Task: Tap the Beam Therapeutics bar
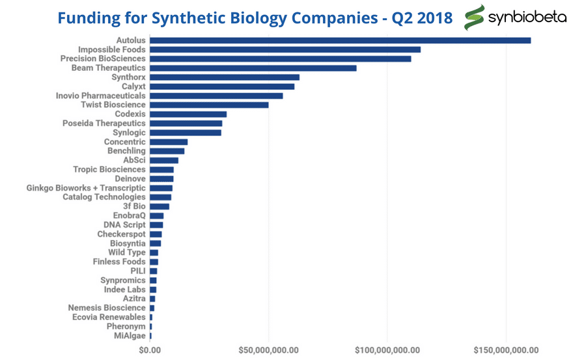(x=253, y=68)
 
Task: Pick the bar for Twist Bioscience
(x=209, y=105)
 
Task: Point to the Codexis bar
(x=188, y=114)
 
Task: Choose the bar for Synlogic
(x=186, y=133)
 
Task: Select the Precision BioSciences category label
(x=103, y=59)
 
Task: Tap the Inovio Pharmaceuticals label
(x=101, y=96)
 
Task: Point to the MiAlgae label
(x=130, y=336)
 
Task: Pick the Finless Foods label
(x=119, y=261)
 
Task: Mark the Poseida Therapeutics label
(x=104, y=123)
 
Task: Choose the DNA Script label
(x=124, y=224)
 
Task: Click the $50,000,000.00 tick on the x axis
(x=268, y=350)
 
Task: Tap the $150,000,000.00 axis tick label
(x=506, y=350)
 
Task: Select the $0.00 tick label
(x=150, y=350)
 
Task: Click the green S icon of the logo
(x=475, y=18)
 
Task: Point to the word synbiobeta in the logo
(x=527, y=17)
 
